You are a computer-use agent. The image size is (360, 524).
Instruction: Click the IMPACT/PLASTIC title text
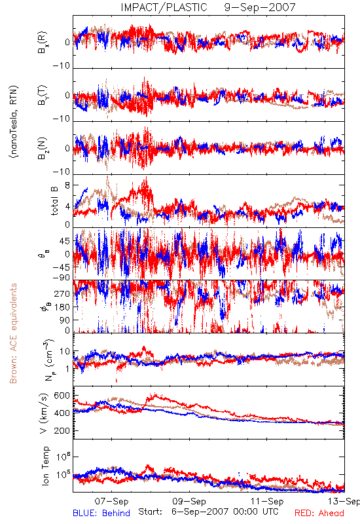[164, 7]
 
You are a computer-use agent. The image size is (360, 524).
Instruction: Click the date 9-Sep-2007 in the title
[260, 7]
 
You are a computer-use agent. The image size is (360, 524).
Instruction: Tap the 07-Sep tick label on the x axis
[111, 501]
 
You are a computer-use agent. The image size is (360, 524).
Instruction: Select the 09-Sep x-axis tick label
[189, 501]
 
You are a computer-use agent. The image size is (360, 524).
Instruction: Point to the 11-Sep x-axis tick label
[267, 501]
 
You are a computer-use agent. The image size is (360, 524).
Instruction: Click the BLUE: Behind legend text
[101, 513]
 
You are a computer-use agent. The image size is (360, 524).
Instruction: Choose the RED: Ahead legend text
[319, 513]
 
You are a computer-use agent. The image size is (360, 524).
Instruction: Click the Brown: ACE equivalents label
[13, 333]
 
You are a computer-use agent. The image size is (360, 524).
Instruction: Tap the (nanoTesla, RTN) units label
[14, 122]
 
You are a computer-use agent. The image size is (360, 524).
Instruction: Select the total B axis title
[54, 201]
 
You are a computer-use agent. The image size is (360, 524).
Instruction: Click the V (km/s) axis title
[44, 413]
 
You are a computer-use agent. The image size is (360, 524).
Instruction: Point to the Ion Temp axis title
[45, 466]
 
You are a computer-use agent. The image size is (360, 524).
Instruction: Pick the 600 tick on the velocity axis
[62, 396]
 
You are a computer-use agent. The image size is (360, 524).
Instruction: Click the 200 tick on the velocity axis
[62, 431]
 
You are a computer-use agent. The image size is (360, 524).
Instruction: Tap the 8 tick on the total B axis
[67, 185]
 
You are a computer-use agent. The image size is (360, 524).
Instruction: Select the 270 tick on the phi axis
[62, 294]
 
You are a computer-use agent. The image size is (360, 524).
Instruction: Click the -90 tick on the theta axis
[62, 278]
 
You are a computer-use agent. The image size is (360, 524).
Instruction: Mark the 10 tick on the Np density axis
[65, 352]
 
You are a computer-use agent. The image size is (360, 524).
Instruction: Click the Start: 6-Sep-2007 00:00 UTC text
[208, 512]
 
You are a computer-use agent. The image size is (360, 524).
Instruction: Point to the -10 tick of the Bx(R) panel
[62, 66]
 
